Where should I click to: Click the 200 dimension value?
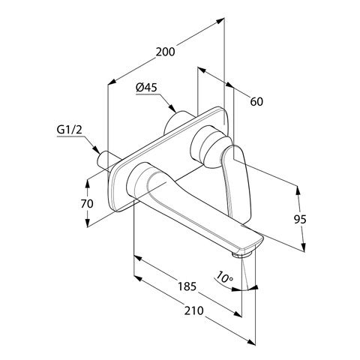click(x=166, y=52)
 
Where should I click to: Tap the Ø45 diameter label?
click(x=146, y=88)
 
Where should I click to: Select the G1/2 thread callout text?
click(x=70, y=130)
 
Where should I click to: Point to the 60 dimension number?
click(x=256, y=102)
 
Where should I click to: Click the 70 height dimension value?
click(x=87, y=204)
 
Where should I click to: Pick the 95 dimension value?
click(x=300, y=220)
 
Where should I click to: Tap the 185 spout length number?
click(x=187, y=286)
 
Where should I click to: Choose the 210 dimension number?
click(x=194, y=310)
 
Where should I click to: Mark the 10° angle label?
click(x=224, y=277)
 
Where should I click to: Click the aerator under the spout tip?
click(x=241, y=255)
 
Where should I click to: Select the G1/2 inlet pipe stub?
click(x=106, y=161)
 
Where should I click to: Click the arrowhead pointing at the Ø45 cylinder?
click(x=172, y=108)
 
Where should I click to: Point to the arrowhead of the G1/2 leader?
click(x=96, y=150)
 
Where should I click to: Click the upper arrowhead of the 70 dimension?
click(x=87, y=184)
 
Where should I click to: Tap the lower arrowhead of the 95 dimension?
click(x=303, y=247)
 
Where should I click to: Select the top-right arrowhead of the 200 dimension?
click(x=220, y=21)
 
